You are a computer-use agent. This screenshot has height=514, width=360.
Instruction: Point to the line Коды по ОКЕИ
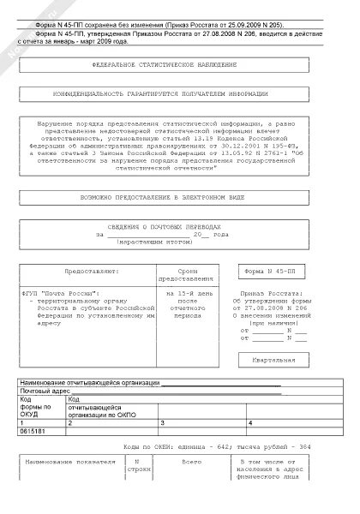pos(208,447)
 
